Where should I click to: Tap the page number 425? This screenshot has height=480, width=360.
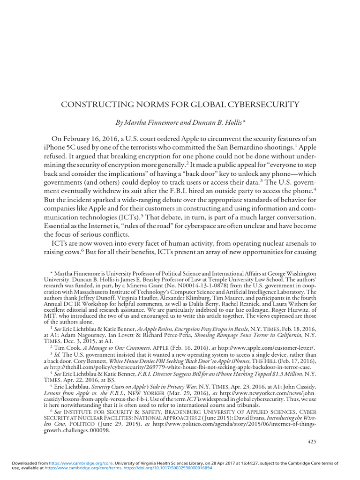(x=312, y=442)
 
